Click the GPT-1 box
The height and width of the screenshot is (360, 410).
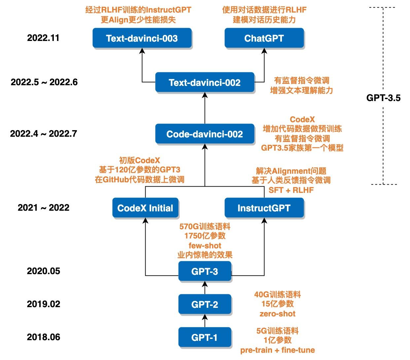click(205, 337)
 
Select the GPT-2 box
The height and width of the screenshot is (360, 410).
click(205, 304)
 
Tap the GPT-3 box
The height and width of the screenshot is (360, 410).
click(205, 271)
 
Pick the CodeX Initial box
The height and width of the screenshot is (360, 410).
click(145, 208)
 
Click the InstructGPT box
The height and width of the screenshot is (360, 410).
click(264, 208)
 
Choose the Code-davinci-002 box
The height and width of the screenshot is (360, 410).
click(205, 134)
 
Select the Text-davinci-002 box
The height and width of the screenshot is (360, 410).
click(205, 82)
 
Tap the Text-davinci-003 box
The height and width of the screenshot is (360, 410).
click(142, 38)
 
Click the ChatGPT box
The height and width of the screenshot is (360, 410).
click(264, 38)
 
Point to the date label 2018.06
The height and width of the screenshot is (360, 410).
click(44, 337)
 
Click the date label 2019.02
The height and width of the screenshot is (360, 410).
click(44, 304)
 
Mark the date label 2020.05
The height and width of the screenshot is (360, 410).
click(44, 271)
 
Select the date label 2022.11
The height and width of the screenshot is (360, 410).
click(43, 38)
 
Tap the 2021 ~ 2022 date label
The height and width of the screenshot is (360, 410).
click(44, 208)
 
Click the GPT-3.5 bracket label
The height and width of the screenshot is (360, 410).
click(383, 98)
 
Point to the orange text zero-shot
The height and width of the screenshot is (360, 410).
click(277, 314)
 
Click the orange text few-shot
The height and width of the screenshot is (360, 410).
click(205, 246)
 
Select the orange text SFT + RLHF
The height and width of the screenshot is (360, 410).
click(291, 190)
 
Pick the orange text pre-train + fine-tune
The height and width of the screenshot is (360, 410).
click(277, 350)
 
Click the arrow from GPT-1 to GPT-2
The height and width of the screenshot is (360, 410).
click(205, 320)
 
